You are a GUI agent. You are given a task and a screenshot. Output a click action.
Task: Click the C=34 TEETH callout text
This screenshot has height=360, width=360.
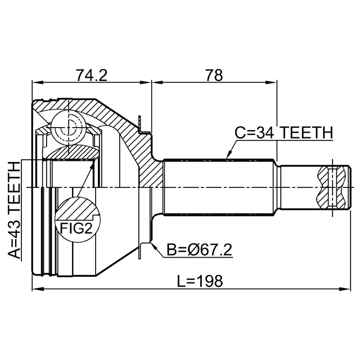283,133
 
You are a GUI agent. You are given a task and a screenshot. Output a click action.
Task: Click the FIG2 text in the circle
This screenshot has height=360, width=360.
75,228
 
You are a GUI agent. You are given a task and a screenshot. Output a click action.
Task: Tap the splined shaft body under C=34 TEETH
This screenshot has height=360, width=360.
219,186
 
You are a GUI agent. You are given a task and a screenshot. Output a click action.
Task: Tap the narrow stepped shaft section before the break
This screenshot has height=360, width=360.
298,186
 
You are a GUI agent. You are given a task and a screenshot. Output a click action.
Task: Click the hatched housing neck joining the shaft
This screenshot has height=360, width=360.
147,163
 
